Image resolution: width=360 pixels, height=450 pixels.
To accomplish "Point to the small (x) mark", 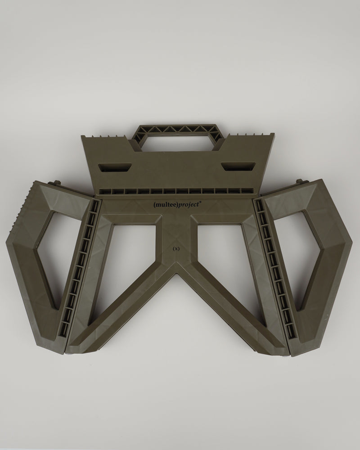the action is (x=176, y=249).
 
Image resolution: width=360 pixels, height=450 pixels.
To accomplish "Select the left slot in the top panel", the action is (x=115, y=167).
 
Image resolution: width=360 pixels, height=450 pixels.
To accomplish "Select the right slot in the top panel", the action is (x=238, y=166).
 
